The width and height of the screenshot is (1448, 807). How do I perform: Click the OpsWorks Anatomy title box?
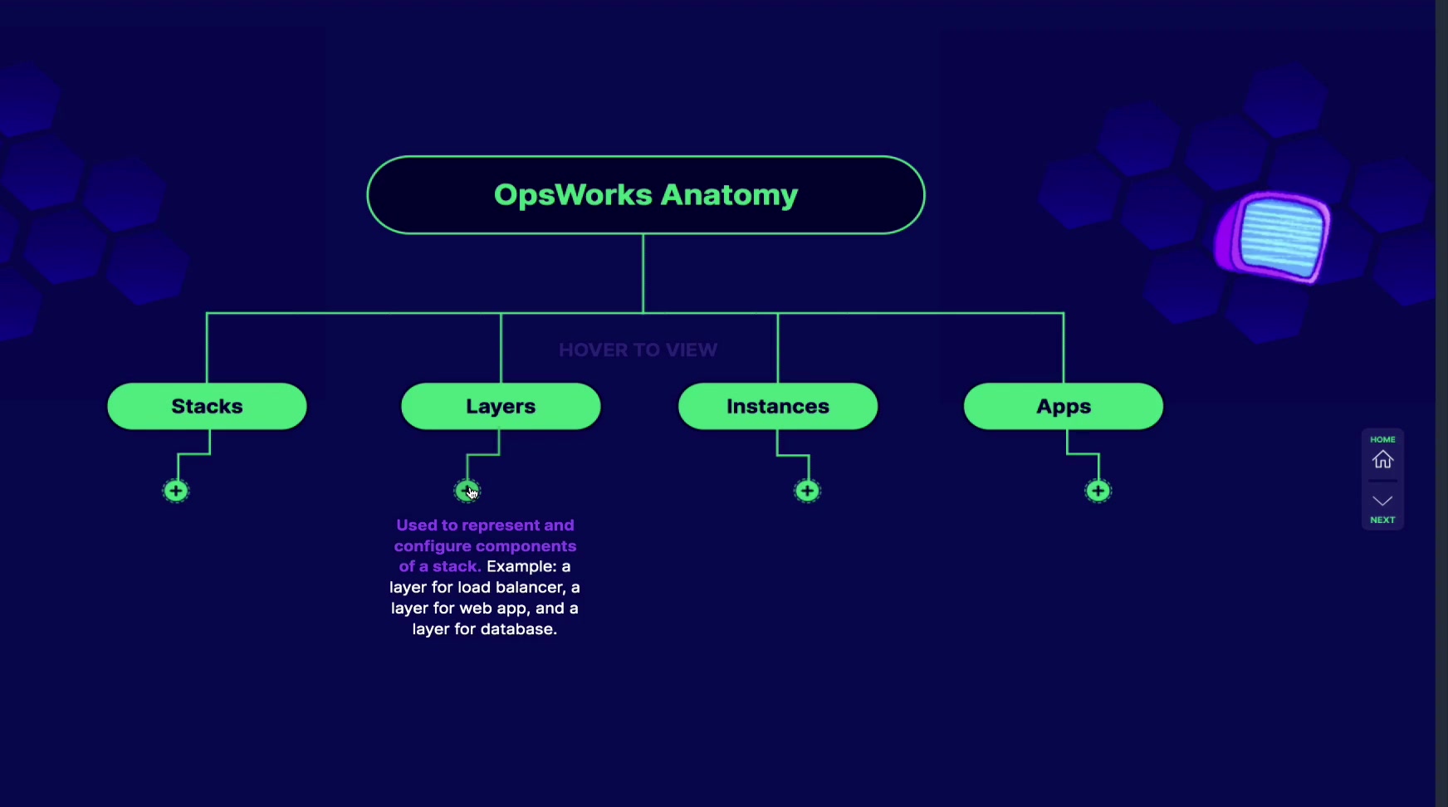[646, 195]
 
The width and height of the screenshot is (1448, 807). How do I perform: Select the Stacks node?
[207, 406]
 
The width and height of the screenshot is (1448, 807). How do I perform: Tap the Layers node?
[501, 406]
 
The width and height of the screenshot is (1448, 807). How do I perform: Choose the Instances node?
[778, 406]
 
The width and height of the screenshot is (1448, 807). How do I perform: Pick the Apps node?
[1064, 406]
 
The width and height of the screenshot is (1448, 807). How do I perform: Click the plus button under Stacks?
[175, 491]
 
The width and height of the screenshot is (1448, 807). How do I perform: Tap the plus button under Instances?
[807, 491]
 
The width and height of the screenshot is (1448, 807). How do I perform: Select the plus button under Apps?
[1098, 491]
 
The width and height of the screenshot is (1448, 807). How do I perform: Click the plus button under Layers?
[467, 491]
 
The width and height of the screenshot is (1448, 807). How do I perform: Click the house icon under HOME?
[1382, 459]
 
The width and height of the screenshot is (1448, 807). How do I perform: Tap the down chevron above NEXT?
[1382, 501]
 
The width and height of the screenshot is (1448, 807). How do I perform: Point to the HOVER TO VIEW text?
[638, 350]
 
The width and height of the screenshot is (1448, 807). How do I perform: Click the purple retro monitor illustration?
[1273, 237]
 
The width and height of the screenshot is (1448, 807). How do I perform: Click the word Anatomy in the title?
[729, 195]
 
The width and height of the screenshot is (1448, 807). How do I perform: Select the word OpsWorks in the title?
[573, 194]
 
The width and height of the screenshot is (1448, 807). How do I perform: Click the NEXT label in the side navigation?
[1382, 520]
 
